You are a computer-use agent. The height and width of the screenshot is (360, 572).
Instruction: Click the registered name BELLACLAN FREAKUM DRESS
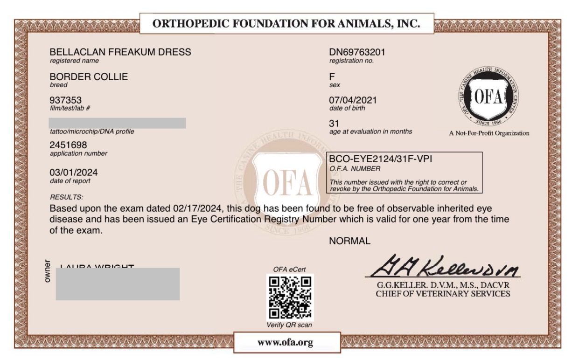pos(120,52)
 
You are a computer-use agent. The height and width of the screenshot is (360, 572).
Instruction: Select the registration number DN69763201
pos(357,52)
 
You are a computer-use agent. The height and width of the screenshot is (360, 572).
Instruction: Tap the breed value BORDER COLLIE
pos(89,77)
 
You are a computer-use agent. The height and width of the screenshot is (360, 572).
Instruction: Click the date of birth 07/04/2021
pos(353,100)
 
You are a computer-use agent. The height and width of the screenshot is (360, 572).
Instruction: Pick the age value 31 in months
pos(334,124)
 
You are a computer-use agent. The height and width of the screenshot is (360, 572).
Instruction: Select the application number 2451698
pos(68,145)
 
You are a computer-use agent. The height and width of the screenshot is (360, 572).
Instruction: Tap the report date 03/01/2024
pos(74,173)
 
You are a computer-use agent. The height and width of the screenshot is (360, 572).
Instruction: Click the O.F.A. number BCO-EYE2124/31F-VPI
pos(381,159)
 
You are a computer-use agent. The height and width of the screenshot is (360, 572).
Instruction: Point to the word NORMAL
pos(350,241)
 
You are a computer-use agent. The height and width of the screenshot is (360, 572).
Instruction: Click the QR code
pos(289,298)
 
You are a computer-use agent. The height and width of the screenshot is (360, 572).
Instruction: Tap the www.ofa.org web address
pos(285,343)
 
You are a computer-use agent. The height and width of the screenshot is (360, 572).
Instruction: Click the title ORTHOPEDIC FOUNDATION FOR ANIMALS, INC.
pos(286,23)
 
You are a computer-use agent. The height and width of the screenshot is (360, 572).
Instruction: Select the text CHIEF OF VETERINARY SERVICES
pos(443,294)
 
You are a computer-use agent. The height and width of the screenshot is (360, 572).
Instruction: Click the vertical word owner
pos(47,271)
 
